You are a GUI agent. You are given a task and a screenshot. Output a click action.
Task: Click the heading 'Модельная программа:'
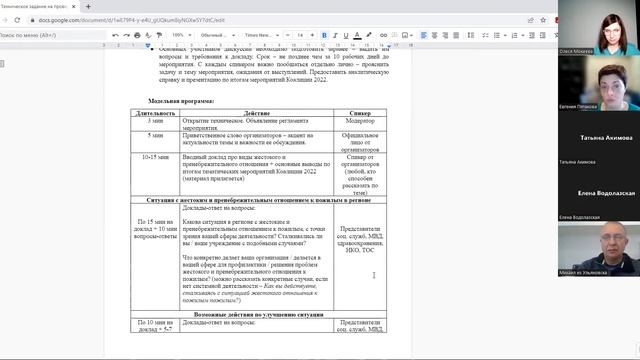click(x=181, y=101)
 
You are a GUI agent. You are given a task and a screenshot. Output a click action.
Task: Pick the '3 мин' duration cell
click(x=156, y=122)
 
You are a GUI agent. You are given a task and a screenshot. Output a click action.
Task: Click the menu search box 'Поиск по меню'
click(x=40, y=34)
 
